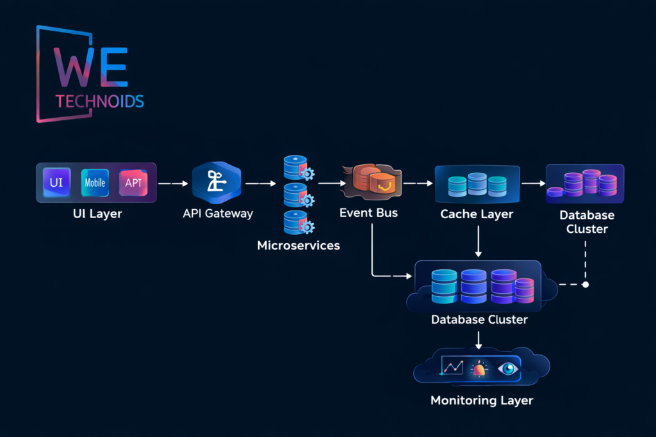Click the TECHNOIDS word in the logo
coord(99,101)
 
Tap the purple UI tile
coord(56,182)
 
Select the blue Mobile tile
coord(95,182)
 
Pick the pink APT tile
coord(133,182)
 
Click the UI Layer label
coord(97,214)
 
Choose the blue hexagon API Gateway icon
coord(216,182)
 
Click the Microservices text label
coord(299,245)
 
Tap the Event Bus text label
coord(368,212)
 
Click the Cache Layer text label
coord(477,214)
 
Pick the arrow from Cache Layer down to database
coord(479,243)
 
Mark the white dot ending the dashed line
coord(585,284)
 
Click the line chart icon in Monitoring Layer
coord(452,367)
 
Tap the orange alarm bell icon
coord(479,369)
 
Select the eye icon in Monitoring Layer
coord(508,368)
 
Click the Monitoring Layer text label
coord(481,401)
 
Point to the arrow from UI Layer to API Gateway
coord(173,184)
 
